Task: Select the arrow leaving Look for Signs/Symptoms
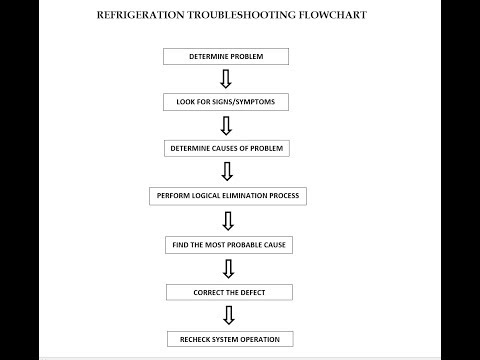(226, 125)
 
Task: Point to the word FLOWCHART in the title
(334, 16)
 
